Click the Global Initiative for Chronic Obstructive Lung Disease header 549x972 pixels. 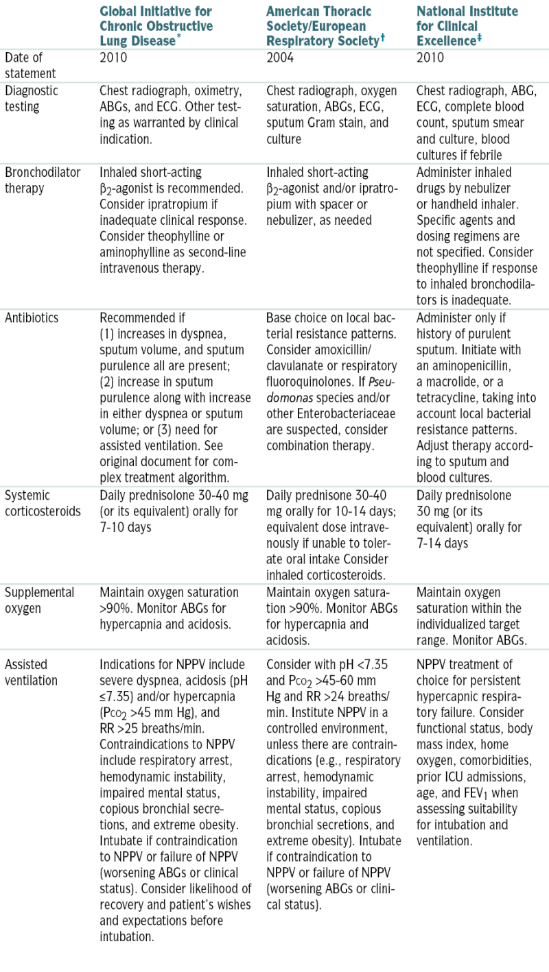coord(156,26)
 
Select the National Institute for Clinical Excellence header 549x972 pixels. coord(468,26)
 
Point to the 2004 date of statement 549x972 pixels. coord(280,58)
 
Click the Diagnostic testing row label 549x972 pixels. coord(32,99)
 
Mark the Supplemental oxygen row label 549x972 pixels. coord(39,600)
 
